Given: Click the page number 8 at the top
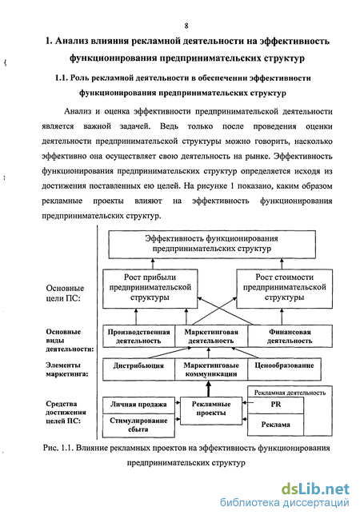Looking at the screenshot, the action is [186, 26].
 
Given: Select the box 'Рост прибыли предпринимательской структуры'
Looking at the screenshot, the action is [150, 289].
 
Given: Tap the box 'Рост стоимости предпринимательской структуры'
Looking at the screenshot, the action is [285, 289].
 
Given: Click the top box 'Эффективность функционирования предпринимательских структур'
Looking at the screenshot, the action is [212, 244].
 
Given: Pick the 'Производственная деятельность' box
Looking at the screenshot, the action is [138, 336].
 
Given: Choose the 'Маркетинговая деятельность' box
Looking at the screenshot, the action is [211, 336].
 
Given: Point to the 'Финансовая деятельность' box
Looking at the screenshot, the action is [290, 336].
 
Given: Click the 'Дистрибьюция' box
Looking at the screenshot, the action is [138, 369].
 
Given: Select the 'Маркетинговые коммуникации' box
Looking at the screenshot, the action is [211, 369].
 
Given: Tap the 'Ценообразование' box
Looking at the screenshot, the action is [284, 369].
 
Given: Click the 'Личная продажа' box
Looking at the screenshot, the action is [138, 405].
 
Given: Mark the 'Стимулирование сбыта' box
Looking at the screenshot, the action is [138, 425].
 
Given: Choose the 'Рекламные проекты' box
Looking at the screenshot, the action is [211, 410].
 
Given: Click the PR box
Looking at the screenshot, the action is [275, 405].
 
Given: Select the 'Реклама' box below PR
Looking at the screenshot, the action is [275, 425].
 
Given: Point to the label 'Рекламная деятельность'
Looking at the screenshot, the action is [290, 393].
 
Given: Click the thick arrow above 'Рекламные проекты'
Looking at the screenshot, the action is [208, 389].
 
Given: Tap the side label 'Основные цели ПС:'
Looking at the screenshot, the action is [65, 293].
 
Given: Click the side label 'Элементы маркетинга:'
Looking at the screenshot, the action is [66, 369].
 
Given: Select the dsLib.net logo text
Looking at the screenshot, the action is [315, 489].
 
